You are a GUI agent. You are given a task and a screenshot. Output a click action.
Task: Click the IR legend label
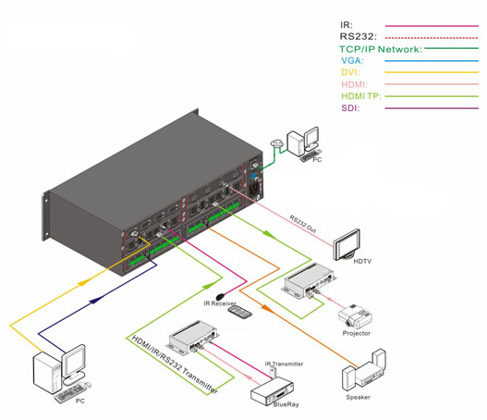tap(347, 25)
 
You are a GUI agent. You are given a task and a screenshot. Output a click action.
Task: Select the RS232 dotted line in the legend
tap(432, 38)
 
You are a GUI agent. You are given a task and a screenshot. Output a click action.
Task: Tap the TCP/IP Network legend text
tap(381, 49)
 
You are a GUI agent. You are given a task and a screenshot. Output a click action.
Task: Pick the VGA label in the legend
tap(352, 61)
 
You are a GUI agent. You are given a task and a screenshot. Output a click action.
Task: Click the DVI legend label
tap(350, 72)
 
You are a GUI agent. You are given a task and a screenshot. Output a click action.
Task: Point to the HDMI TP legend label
tap(361, 96)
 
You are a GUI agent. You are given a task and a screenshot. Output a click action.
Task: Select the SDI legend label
tap(350, 108)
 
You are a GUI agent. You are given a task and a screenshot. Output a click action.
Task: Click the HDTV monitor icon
tap(347, 245)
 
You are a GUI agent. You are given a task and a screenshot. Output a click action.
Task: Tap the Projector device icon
tap(355, 316)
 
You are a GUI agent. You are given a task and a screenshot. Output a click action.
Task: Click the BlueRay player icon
tap(272, 391)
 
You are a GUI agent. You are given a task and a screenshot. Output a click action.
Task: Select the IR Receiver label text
tap(220, 303)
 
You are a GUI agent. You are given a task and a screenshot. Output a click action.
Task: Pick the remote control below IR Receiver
tap(239, 312)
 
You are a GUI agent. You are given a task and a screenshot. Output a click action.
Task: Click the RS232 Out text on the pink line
tap(303, 224)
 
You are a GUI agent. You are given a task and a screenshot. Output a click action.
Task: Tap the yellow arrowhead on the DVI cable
tap(84, 282)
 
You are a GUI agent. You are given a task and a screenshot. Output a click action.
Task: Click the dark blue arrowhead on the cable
tap(96, 300)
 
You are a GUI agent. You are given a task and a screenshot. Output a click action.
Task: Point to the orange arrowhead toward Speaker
tap(266, 308)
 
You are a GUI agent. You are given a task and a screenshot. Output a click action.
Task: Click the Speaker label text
tap(359, 397)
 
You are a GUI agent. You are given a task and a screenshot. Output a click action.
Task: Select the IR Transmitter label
tap(284, 364)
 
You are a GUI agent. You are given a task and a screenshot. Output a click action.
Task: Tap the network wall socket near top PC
tap(276, 143)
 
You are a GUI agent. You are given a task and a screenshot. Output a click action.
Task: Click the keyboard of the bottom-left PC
tap(69, 393)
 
